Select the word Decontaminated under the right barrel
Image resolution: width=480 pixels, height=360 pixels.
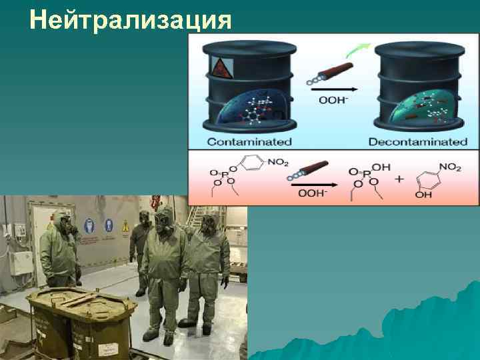point(418,142)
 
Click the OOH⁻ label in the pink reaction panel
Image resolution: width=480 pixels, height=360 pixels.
point(312,193)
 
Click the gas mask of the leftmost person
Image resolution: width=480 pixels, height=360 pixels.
point(63,223)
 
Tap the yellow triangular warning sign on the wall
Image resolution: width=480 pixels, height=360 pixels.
point(124,227)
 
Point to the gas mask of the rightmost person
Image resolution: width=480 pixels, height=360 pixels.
point(207,225)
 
